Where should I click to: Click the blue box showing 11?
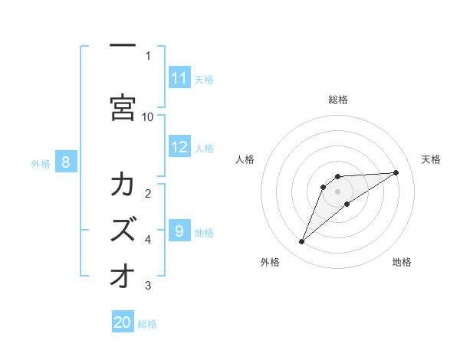(179, 78)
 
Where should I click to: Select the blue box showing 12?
(179, 148)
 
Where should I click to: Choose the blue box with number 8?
(66, 162)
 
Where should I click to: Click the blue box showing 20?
(123, 322)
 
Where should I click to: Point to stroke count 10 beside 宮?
(148, 116)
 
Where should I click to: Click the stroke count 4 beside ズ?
(148, 240)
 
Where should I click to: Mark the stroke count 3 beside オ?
(148, 286)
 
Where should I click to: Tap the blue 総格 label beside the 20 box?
(147, 324)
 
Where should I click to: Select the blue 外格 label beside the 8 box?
(41, 163)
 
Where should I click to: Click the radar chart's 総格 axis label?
(338, 100)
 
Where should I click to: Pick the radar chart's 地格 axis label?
(402, 262)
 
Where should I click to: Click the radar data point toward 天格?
(396, 172)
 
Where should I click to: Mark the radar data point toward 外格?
(301, 242)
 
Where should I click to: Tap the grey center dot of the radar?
(338, 191)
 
